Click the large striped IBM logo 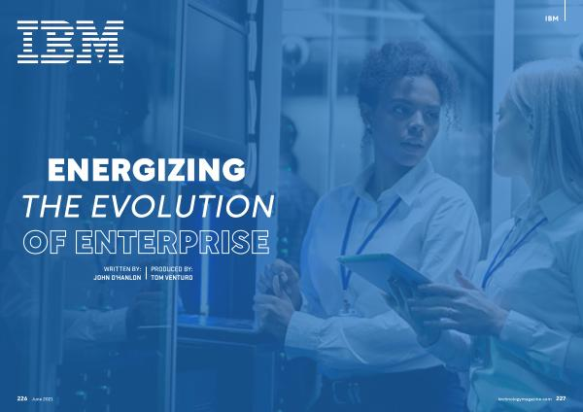(x=70, y=42)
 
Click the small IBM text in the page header (x=551, y=18)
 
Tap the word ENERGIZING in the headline (x=147, y=170)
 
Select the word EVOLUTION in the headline (x=183, y=206)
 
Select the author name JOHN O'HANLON (x=118, y=277)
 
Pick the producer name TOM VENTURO (x=172, y=277)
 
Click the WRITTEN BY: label (x=122, y=268)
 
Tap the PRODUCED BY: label (x=171, y=268)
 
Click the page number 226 (x=22, y=398)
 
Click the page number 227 (x=561, y=398)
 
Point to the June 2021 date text (x=43, y=399)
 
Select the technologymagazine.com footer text (x=525, y=399)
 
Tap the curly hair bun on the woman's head (x=396, y=55)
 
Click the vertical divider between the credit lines (x=146, y=273)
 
